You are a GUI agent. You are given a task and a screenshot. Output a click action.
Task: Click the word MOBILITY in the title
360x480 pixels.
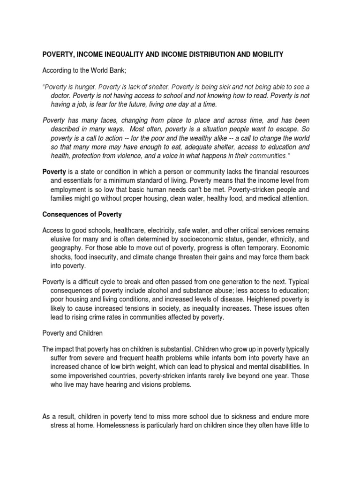click(268, 55)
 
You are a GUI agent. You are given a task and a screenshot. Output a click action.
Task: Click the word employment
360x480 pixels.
click(69, 190)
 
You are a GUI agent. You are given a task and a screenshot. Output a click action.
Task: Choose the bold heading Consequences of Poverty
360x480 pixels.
click(82, 214)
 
